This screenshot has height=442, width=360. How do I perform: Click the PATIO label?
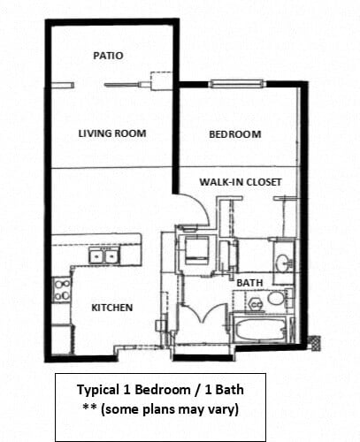[x=108, y=55]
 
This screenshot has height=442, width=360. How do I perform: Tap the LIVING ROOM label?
[x=111, y=133]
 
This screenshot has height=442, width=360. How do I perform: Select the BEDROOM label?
[x=234, y=134]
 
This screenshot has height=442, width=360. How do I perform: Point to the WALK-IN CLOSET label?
[x=240, y=182]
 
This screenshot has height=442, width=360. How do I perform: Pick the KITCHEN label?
[x=112, y=308]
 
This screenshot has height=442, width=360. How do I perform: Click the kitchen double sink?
[x=104, y=256]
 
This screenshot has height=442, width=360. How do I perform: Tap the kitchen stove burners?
[x=62, y=289]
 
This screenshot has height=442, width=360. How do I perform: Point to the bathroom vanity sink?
[x=280, y=263]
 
